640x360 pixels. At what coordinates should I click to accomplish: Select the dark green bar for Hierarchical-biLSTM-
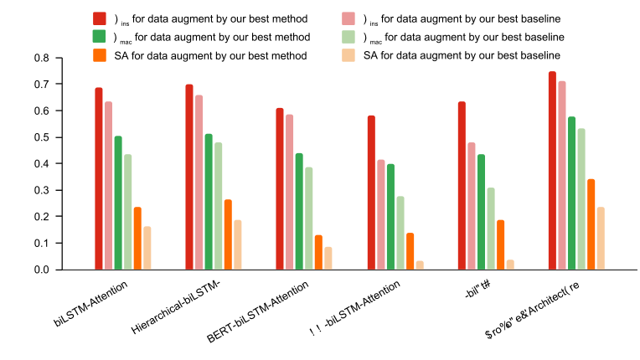(x=209, y=202)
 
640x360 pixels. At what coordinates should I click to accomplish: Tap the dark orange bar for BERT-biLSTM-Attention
(x=318, y=252)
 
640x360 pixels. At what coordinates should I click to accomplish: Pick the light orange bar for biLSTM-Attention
(x=147, y=248)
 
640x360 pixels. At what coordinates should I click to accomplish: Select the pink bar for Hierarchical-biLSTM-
(x=199, y=183)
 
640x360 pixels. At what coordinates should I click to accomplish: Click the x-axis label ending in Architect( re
(x=527, y=309)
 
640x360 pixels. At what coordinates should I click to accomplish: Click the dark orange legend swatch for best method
(x=100, y=55)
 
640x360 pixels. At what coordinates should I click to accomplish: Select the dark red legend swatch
(x=100, y=18)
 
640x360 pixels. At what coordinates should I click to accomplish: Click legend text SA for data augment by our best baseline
(x=462, y=55)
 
